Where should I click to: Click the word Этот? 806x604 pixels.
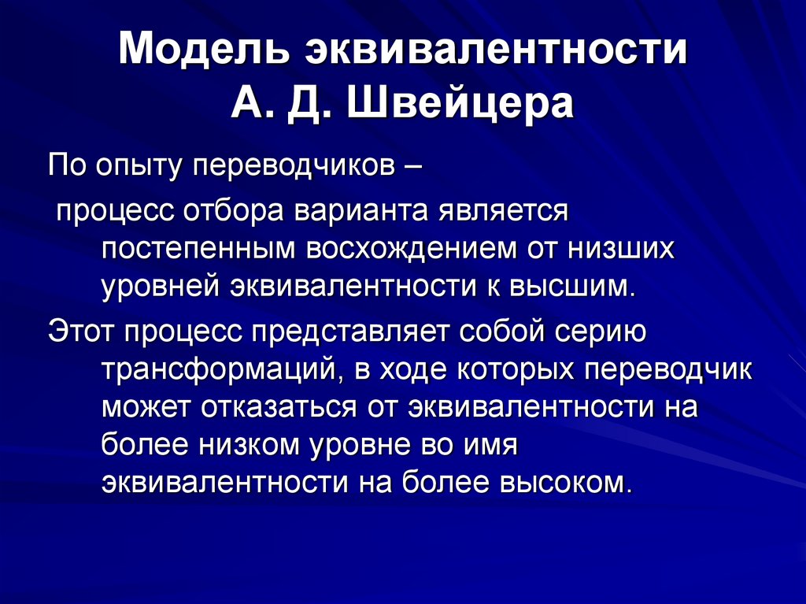click(78, 331)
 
